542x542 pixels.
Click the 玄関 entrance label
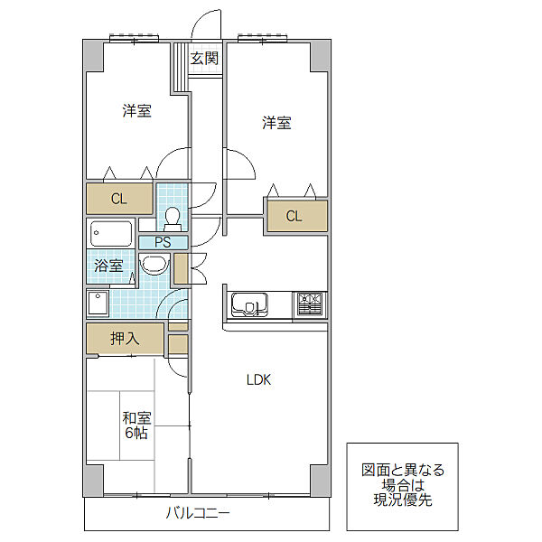(x=205, y=58)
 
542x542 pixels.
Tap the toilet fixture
(x=173, y=220)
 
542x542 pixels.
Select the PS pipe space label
(x=163, y=242)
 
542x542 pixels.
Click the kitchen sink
(x=249, y=304)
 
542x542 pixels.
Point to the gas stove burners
(x=310, y=304)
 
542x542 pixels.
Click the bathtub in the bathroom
(x=111, y=233)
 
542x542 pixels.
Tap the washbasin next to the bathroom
(x=154, y=264)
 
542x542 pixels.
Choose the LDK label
(x=258, y=380)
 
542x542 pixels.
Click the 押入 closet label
(x=125, y=339)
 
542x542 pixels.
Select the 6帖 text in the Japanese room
(x=136, y=433)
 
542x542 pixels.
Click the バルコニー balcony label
(x=198, y=513)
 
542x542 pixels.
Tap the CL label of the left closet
(x=119, y=199)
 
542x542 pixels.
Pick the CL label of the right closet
(x=294, y=216)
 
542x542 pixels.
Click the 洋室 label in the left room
(x=137, y=111)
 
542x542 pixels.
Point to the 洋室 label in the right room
(x=276, y=123)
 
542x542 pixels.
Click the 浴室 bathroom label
(x=108, y=266)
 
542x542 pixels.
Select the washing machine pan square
(x=98, y=304)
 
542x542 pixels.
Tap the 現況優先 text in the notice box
(x=403, y=500)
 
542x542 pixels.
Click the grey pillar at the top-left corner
(x=93, y=56)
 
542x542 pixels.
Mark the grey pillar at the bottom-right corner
(x=320, y=481)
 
